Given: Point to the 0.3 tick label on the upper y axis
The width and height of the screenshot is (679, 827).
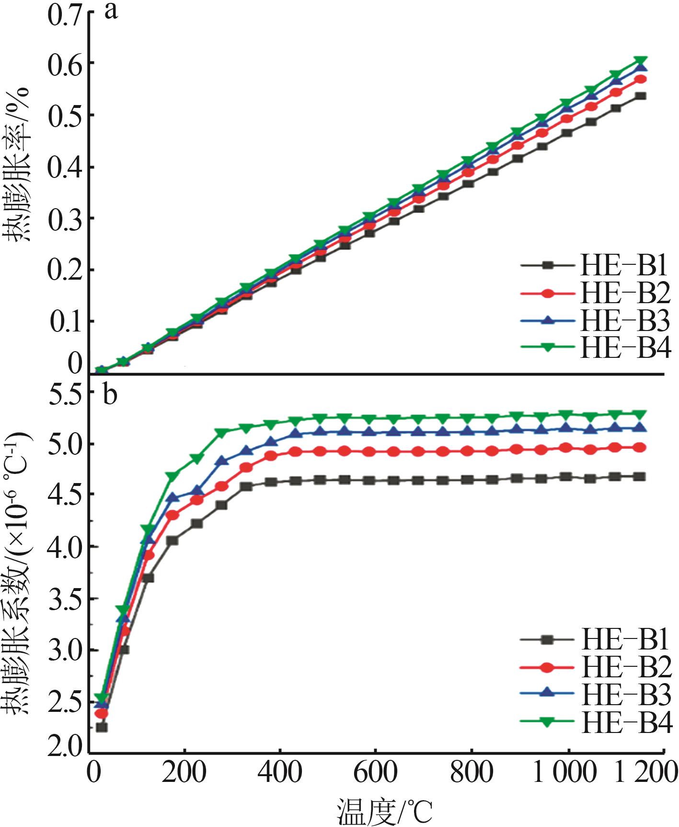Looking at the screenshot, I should tap(65, 218).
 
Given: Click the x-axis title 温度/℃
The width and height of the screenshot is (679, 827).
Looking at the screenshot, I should tap(385, 811).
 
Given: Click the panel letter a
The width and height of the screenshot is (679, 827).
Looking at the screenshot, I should tap(111, 11).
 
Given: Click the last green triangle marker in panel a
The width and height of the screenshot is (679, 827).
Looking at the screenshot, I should tap(641, 61).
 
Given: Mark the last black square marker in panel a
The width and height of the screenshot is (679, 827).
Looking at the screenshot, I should tap(641, 96).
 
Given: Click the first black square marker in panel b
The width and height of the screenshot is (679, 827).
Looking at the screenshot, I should tap(102, 727).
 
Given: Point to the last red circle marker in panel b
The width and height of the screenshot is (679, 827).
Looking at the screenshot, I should tap(640, 448).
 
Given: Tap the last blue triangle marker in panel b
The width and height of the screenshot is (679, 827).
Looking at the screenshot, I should tap(640, 428).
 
